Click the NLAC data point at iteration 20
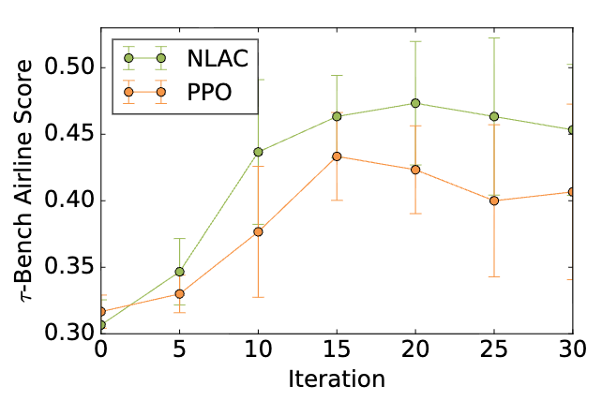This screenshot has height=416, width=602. tap(415, 103)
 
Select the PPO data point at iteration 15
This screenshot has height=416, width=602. tap(337, 156)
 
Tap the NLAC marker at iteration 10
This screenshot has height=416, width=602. tap(258, 152)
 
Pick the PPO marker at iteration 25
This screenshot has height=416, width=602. tap(494, 201)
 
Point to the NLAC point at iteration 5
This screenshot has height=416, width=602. tap(179, 272)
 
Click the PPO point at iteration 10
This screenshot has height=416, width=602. tap(258, 230)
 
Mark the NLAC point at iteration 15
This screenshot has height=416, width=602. tap(337, 116)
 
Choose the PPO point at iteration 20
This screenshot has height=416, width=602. tap(415, 170)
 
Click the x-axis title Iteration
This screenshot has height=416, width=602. tap(337, 380)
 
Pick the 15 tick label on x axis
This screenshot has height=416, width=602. tap(337, 349)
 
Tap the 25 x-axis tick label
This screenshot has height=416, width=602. tap(494, 349)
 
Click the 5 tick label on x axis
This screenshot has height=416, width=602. tap(179, 349)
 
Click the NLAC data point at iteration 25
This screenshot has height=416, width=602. tap(494, 116)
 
